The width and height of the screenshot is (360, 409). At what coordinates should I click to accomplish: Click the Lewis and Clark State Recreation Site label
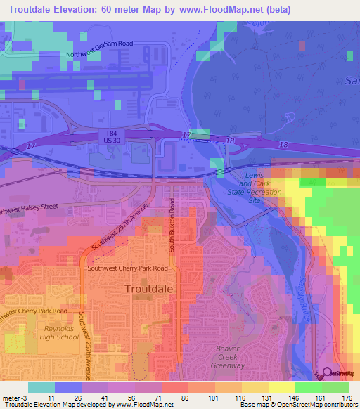[x=254, y=186]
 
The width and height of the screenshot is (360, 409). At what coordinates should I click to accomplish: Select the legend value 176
[x=345, y=398]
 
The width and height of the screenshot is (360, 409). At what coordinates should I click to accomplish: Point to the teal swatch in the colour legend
[x=41, y=387]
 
